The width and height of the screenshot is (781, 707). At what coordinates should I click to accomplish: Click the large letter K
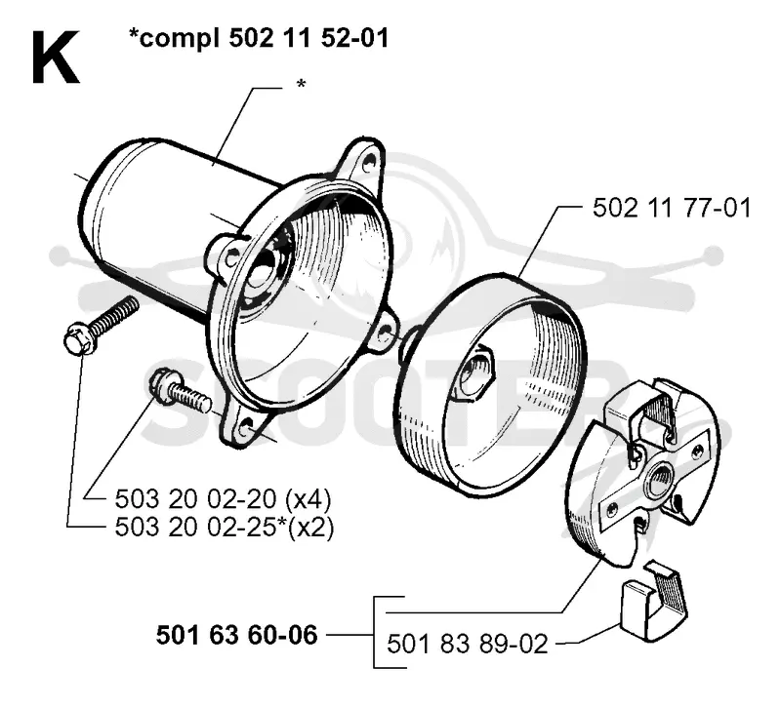click(56, 58)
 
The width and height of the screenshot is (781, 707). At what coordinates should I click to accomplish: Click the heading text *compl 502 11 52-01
click(259, 38)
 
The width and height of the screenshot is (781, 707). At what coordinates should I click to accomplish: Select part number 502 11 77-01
click(672, 208)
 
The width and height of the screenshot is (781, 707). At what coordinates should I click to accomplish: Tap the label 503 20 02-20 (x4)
click(223, 499)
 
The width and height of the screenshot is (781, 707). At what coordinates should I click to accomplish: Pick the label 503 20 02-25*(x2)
click(225, 527)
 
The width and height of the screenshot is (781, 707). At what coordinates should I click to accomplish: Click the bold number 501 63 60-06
click(236, 636)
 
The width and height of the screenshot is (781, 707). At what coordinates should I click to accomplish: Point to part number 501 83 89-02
click(468, 644)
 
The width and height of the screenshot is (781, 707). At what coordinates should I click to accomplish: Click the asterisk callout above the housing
click(301, 84)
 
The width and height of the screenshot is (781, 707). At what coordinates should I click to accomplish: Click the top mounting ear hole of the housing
click(369, 162)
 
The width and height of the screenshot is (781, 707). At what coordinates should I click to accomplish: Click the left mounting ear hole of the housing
click(231, 258)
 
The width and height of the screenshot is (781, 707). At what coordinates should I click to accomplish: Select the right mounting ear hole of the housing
click(384, 334)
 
